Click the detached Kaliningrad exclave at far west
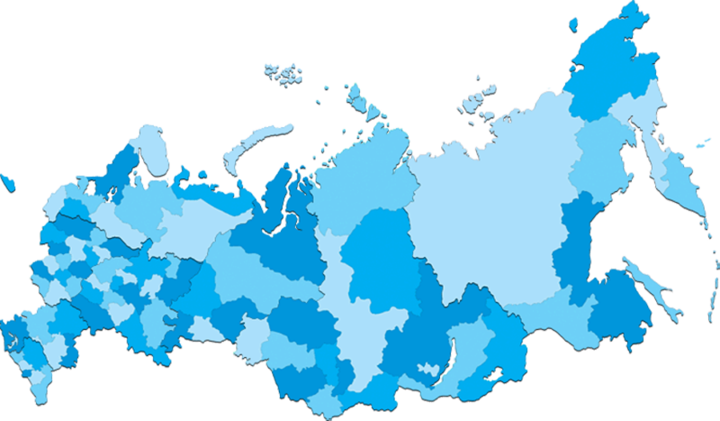click(7, 182)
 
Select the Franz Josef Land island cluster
click(283, 75)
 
